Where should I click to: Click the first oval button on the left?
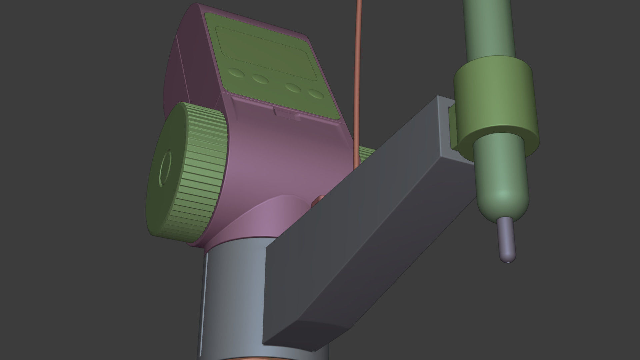[x=236, y=73]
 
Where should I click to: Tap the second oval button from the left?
[x=260, y=79]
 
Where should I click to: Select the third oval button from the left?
[x=293, y=88]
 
